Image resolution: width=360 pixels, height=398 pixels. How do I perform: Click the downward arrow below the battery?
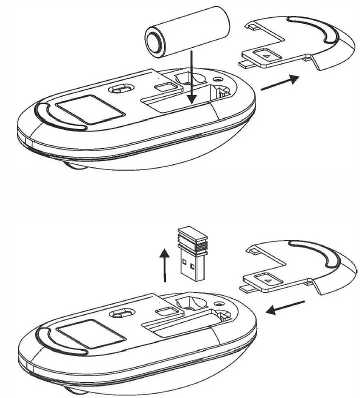[x=190, y=80]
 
